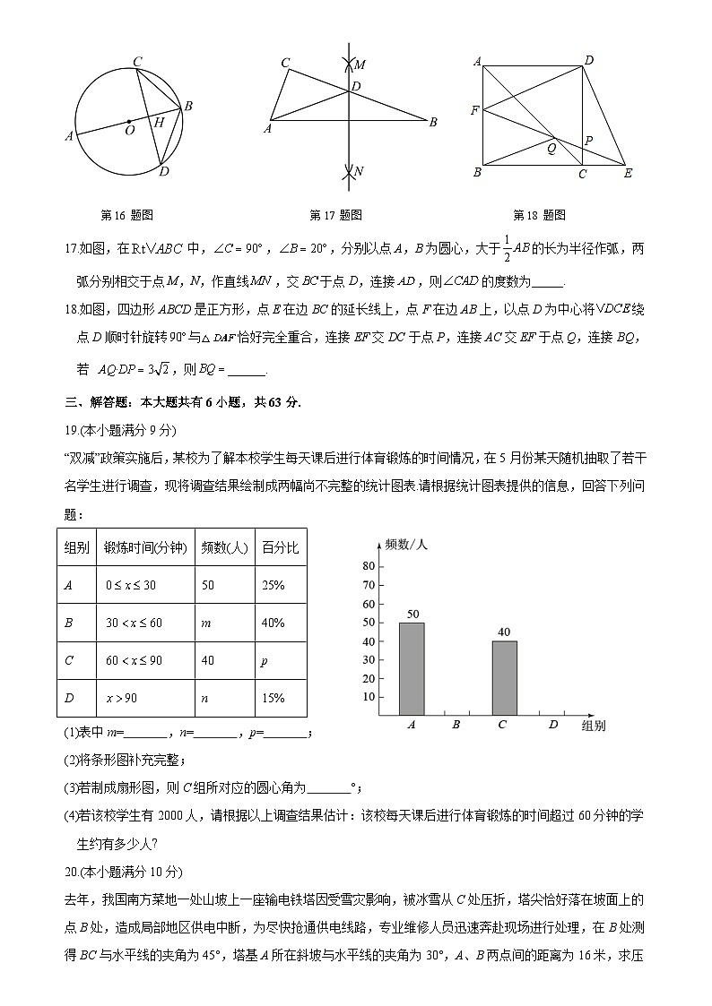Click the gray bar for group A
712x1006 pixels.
(412, 668)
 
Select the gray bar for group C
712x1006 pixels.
(504, 677)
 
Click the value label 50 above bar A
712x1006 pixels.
(413, 614)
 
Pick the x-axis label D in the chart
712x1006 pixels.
(552, 725)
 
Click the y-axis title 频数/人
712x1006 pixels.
(406, 544)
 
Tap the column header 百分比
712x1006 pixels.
(280, 547)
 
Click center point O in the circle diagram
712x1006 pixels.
(129, 129)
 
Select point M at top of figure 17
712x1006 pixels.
(359, 65)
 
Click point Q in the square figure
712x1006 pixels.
(551, 149)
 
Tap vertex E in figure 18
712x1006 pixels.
(628, 173)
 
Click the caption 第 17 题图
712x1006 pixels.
(335, 215)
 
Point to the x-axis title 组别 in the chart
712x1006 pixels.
(593, 726)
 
